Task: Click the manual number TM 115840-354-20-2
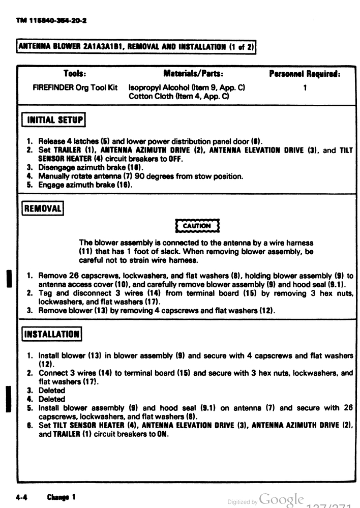pyautogui.click(x=51, y=20)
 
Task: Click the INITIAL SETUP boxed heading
pyautogui.click(x=53, y=121)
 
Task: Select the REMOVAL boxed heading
pyautogui.click(x=43, y=208)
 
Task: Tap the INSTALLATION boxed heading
pyautogui.click(x=51, y=334)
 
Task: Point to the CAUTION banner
pyautogui.click(x=197, y=226)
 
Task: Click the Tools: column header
pyautogui.click(x=75, y=74)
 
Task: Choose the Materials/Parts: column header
pyautogui.click(x=193, y=74)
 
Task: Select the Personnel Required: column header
pyautogui.click(x=304, y=74)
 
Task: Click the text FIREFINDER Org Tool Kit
pyautogui.click(x=75, y=87)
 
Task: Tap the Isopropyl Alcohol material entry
pyautogui.click(x=187, y=87)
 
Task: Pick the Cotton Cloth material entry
pyautogui.click(x=178, y=96)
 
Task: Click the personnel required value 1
pyautogui.click(x=305, y=87)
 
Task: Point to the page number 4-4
pyautogui.click(x=21, y=497)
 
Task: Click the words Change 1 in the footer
pyautogui.click(x=61, y=497)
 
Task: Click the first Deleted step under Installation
pyautogui.click(x=52, y=391)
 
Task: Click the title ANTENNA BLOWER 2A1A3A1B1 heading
pyautogui.click(x=136, y=47)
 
